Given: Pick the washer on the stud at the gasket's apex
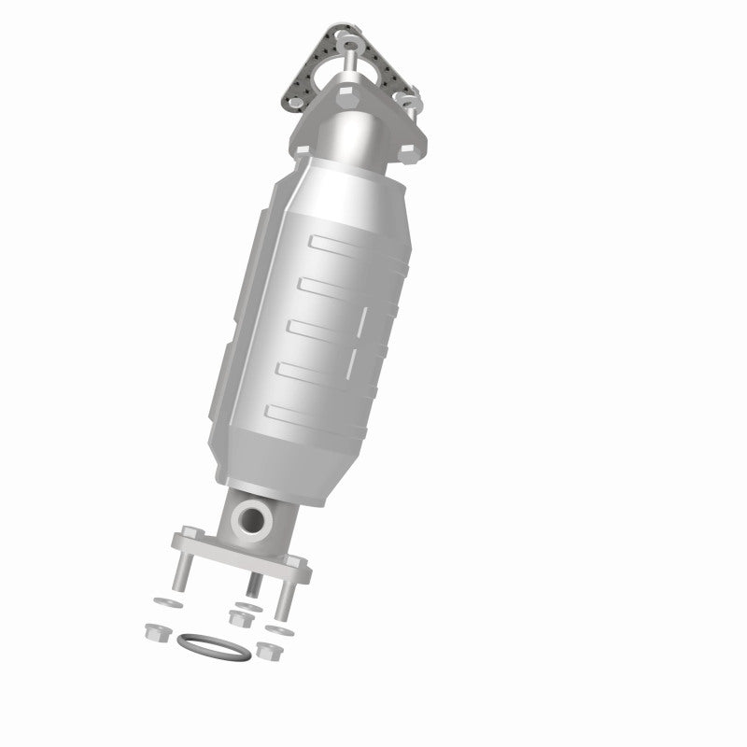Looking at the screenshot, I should point(350,41).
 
